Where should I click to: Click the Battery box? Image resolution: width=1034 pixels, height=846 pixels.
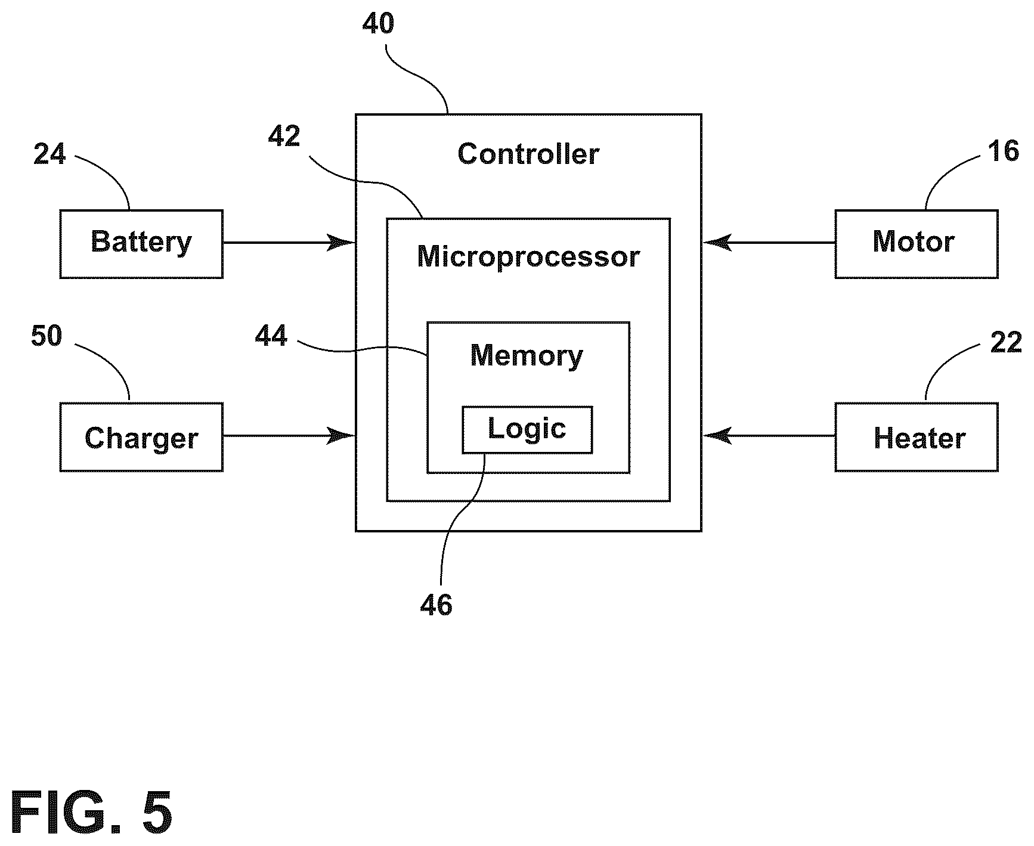141,244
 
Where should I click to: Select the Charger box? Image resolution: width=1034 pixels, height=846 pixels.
141,437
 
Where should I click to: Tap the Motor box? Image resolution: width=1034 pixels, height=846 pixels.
916,244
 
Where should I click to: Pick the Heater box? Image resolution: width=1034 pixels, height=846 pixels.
916,437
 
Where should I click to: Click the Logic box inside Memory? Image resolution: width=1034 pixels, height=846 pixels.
527,430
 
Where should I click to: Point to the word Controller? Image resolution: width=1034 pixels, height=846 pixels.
528,154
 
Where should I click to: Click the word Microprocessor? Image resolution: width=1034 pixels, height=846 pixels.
528,258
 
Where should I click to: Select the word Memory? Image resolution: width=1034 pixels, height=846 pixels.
527,356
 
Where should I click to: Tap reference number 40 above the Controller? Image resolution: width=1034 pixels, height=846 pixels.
378,24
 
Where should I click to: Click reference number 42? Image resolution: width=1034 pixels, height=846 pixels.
284,137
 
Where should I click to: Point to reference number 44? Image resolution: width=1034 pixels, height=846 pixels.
271,336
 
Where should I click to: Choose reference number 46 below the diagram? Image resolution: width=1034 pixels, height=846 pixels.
436,605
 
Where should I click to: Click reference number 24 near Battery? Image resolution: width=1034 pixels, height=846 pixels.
49,154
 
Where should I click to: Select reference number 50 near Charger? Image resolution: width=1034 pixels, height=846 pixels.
47,336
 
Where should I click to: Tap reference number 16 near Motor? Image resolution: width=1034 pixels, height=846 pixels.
1004,151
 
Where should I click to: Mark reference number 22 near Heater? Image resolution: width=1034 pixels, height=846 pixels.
1006,343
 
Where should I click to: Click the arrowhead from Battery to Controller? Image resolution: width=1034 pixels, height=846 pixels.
342,243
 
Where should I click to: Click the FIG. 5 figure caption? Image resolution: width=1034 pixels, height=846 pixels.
91,813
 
